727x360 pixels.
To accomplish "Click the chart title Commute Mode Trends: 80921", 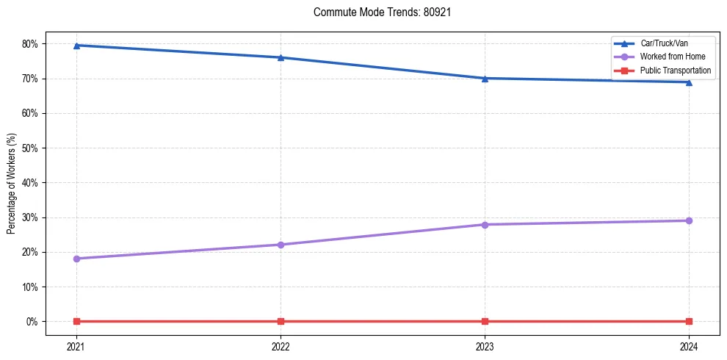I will point(376,12).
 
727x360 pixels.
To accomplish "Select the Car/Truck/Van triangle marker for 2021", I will point(76,46).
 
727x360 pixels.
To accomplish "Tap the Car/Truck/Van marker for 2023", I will point(485,78).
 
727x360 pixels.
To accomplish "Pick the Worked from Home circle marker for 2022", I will point(281,245).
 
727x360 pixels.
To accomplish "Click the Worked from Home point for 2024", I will point(689,220).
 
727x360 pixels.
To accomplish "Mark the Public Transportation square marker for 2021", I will point(76,321).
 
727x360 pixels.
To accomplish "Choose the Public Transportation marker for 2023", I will point(485,321).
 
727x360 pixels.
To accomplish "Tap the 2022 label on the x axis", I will point(281,346).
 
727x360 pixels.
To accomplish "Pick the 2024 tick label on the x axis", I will point(689,346).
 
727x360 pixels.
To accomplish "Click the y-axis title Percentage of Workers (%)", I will point(11,183).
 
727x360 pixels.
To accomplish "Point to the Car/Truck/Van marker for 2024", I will point(689,82).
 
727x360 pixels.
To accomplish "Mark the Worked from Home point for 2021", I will point(76,259).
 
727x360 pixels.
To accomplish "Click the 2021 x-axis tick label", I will point(76,346).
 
